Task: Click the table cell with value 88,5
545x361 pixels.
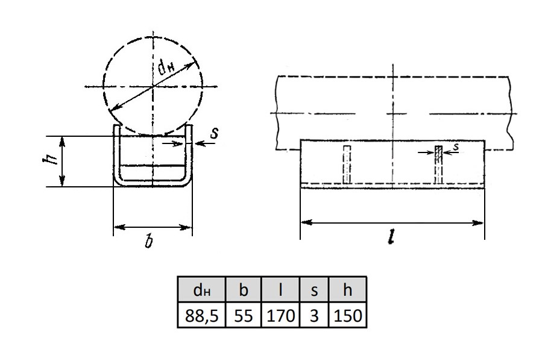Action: [x=201, y=315]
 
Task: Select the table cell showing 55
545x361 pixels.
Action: [x=244, y=315]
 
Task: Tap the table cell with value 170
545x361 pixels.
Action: [x=280, y=315]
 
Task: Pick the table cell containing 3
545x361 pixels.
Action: [x=314, y=315]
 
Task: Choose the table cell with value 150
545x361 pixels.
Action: [x=348, y=315]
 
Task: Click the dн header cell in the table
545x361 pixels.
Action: [x=201, y=289]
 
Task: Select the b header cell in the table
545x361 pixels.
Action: [x=244, y=289]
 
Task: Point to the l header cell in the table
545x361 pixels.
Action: [x=280, y=289]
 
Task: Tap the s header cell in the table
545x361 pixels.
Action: [x=314, y=289]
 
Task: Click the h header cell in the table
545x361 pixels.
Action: [x=348, y=289]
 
